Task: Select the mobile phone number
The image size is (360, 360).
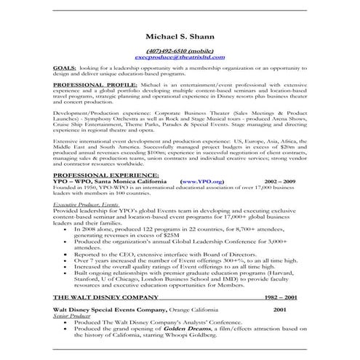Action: (180, 49)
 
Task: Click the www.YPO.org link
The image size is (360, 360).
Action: (200, 201)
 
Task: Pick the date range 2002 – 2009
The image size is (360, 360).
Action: (281, 201)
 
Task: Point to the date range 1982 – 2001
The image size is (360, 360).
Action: (280, 297)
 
